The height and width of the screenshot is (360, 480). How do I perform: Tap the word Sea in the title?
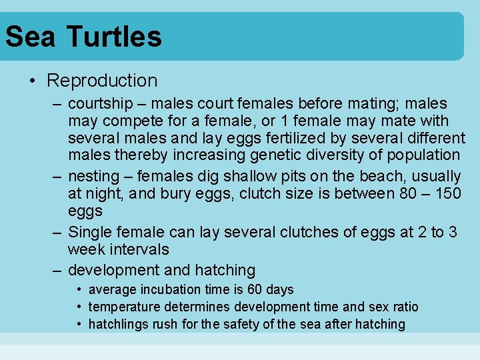[x=30, y=36]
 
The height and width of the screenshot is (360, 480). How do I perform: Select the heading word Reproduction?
[x=102, y=81]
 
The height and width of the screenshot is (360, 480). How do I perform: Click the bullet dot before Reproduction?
[x=33, y=81]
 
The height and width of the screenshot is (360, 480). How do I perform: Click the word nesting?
[x=93, y=177]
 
